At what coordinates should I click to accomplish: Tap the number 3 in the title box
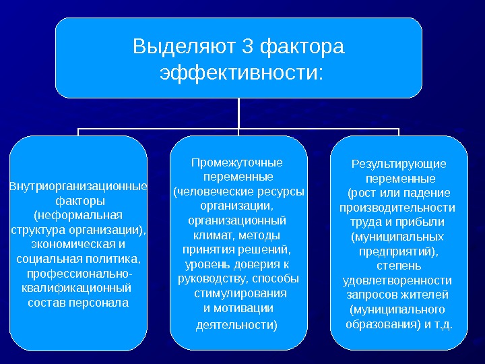click(x=247, y=47)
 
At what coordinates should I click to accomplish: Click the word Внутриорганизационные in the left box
click(x=78, y=186)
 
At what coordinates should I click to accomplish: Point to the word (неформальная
click(x=78, y=215)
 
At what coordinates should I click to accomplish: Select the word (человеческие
click(x=212, y=191)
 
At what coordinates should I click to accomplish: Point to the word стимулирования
click(x=240, y=293)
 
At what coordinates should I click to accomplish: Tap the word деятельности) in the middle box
click(x=236, y=325)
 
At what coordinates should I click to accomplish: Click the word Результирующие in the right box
click(x=399, y=164)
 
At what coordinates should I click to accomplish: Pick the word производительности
click(x=397, y=207)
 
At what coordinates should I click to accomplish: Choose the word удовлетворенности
click(x=397, y=280)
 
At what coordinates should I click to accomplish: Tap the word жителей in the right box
click(x=426, y=295)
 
